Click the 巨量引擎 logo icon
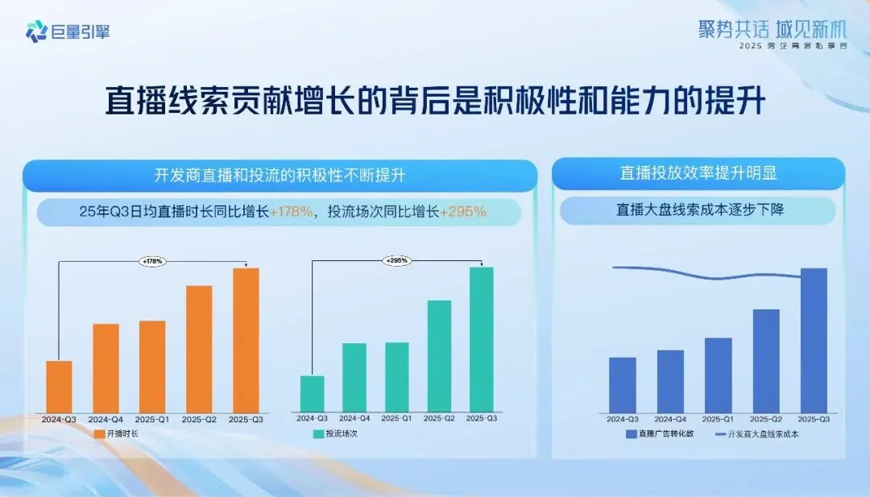point(36,31)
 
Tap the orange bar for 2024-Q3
point(59,387)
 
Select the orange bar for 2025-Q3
point(246,340)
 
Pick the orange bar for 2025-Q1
point(152,367)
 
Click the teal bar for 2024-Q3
point(312,394)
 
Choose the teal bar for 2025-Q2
point(439,356)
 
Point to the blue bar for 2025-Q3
point(814,340)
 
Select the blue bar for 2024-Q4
point(670,381)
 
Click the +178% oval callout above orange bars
point(153,261)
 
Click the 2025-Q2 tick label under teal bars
point(439,419)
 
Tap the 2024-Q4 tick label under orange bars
point(106,420)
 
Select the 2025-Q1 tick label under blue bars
point(718,420)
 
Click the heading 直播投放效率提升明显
point(698,173)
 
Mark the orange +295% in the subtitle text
point(463,213)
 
